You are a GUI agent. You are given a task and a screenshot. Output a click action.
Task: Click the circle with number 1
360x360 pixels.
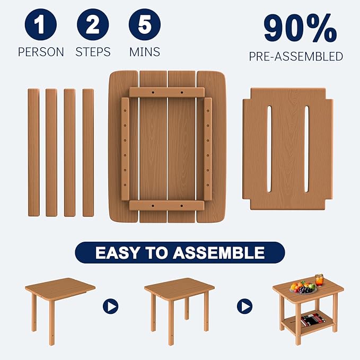click(x=40, y=25)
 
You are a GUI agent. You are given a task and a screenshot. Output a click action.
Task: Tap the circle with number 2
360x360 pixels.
click(x=93, y=25)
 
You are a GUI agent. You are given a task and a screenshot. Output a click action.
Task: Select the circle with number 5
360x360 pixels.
click(x=145, y=25)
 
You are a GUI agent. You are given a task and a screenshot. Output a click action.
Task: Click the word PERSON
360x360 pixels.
click(x=41, y=52)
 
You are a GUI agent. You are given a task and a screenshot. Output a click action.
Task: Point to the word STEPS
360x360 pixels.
click(x=93, y=52)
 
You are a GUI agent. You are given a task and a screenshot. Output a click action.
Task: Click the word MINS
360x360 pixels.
click(x=145, y=52)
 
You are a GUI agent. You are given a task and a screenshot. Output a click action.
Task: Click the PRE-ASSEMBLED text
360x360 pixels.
click(x=296, y=56)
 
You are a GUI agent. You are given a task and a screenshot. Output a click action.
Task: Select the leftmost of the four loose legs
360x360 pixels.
click(x=33, y=153)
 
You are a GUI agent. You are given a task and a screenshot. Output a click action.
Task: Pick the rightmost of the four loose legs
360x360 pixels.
click(x=88, y=153)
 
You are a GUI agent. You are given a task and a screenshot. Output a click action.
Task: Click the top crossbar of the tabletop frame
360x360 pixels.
click(x=166, y=92)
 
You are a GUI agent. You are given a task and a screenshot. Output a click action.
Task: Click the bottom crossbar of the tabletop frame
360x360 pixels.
click(x=166, y=205)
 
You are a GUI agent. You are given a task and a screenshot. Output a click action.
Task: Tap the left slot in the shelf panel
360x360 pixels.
click(x=270, y=149)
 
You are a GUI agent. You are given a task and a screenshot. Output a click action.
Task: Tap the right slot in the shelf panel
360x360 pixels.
click(x=306, y=149)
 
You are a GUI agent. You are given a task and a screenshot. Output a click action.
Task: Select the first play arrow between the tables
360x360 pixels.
click(x=110, y=306)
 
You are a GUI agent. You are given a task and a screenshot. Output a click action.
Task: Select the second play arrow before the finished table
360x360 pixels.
click(x=244, y=306)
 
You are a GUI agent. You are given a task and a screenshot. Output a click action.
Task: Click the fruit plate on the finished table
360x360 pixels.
click(x=303, y=288)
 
